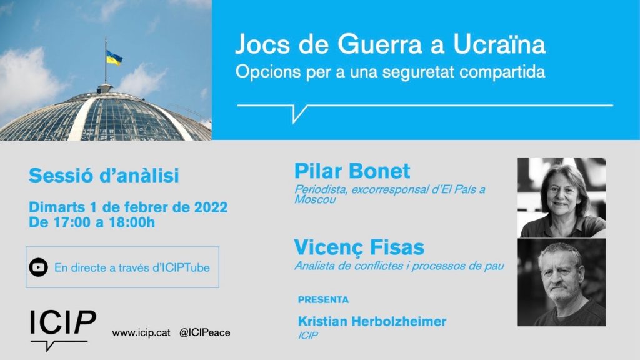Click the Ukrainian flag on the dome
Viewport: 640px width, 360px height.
pos(114,58)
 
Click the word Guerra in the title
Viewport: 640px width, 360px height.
pos(380,44)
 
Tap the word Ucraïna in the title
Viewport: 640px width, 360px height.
pos(499,44)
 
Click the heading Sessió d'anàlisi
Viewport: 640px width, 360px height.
pos(104,176)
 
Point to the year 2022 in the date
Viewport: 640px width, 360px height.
pos(211,207)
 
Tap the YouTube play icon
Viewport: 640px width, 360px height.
pos(38,267)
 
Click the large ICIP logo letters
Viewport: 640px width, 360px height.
pos(63,322)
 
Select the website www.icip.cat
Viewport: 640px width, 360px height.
pos(141,332)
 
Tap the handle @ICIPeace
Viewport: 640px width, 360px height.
pos(204,332)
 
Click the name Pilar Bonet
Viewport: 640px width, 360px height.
pos(352,171)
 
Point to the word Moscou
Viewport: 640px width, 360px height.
pos(315,199)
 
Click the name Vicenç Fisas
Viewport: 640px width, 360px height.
pos(359,247)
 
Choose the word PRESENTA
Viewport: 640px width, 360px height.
pos(323,300)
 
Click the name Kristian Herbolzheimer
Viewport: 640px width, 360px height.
pos(372,322)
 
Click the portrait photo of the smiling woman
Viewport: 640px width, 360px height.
pos(562,197)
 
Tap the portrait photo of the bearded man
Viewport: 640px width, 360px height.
pos(562,282)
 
